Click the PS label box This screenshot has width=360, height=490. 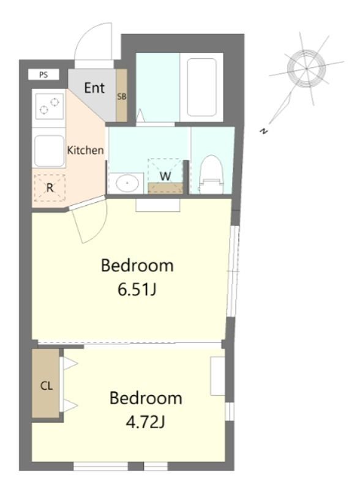click(x=43, y=75)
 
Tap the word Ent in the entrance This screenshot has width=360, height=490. click(x=94, y=88)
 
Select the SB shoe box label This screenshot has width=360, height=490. click(x=122, y=97)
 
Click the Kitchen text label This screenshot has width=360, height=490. click(x=85, y=150)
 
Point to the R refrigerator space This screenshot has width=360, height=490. click(x=50, y=188)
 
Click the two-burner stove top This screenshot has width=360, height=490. click(x=50, y=106)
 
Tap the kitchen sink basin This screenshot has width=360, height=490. click(x=50, y=151)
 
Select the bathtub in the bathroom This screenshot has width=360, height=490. click(x=201, y=88)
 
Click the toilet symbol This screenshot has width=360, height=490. click(x=212, y=175)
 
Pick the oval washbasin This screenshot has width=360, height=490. click(x=127, y=183)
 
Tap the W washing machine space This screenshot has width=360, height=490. click(x=165, y=176)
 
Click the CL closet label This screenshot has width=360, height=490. click(x=47, y=386)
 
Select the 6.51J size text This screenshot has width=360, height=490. click(x=137, y=290)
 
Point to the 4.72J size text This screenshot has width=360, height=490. click(x=145, y=423)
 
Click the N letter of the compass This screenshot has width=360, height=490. click(x=264, y=131)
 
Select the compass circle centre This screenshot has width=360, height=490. click(x=307, y=69)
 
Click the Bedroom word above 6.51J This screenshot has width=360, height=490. click(x=137, y=266)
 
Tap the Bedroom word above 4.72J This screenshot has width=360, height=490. click(x=146, y=398)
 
